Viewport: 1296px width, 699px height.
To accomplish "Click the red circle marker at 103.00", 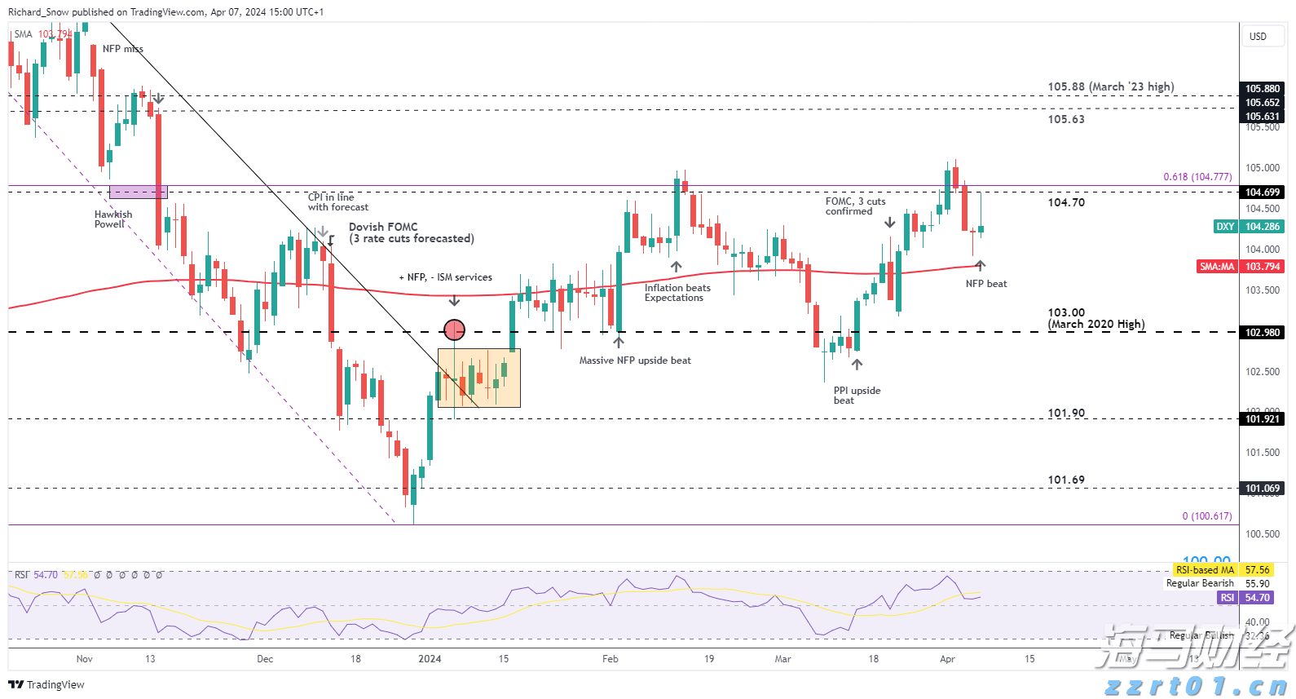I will coord(454,330).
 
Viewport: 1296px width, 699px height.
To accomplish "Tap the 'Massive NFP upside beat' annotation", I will coord(635,361).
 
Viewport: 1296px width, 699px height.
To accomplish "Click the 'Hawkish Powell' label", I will coord(112,219).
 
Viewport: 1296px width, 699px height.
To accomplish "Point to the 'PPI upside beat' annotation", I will coord(857,396).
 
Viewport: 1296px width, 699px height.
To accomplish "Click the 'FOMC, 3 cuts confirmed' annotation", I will coord(855,206).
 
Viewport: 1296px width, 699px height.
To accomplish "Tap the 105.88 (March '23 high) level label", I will coord(1110,86).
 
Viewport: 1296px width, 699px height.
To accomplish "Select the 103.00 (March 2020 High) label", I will coord(1095,319).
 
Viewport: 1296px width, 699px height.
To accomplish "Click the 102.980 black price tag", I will coord(1262,333).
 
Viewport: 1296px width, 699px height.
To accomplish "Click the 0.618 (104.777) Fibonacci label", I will coord(1197,177).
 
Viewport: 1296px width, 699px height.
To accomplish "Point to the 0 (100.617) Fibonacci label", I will coord(1206,516).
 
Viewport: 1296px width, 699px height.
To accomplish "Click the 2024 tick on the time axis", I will coord(430,659).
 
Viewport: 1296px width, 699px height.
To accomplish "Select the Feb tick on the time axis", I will coord(610,659).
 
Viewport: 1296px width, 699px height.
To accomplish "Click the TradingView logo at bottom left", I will coord(46,685).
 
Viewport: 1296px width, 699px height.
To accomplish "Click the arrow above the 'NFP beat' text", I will coord(980,265).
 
